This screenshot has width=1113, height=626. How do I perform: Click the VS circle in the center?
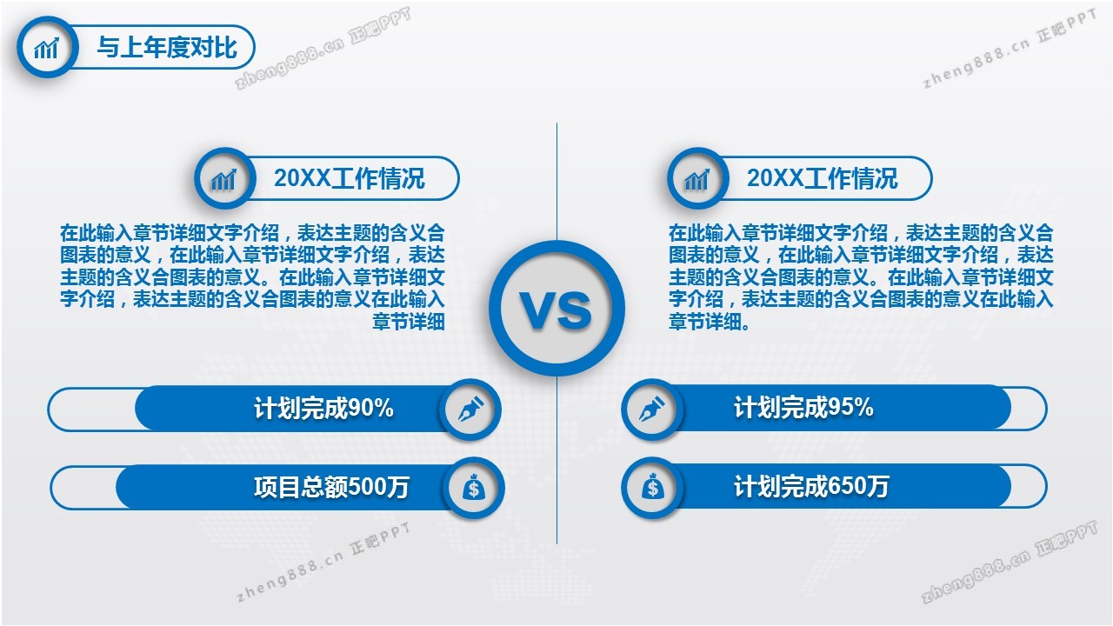click(x=557, y=309)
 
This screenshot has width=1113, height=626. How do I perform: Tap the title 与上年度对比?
click(x=167, y=48)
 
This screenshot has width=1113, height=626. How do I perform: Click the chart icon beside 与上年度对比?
click(x=47, y=48)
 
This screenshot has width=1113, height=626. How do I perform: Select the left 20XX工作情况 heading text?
click(x=350, y=178)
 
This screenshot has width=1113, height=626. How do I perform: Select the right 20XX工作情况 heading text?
click(x=823, y=178)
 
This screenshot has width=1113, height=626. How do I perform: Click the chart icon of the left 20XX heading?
click(x=224, y=178)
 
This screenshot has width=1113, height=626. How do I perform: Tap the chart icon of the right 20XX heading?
click(x=697, y=178)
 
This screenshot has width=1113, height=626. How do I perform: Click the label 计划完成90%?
click(x=324, y=409)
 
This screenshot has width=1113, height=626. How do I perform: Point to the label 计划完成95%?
click(x=804, y=408)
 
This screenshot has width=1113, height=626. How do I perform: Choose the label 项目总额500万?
click(x=331, y=487)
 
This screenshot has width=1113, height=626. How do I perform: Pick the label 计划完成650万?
click(x=811, y=486)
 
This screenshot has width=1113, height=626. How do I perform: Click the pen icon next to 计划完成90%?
click(x=470, y=410)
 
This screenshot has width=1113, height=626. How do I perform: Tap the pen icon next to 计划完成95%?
click(x=652, y=410)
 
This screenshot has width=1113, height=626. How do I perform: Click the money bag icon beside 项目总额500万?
click(x=474, y=488)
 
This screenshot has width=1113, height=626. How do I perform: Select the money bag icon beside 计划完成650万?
click(x=652, y=488)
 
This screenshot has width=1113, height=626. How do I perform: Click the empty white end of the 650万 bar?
click(x=1029, y=487)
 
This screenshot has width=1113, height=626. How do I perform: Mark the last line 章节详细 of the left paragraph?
click(x=409, y=322)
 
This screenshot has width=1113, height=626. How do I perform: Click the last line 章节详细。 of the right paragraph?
click(x=710, y=322)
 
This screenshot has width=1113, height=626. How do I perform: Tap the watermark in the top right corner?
click(x=1010, y=49)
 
